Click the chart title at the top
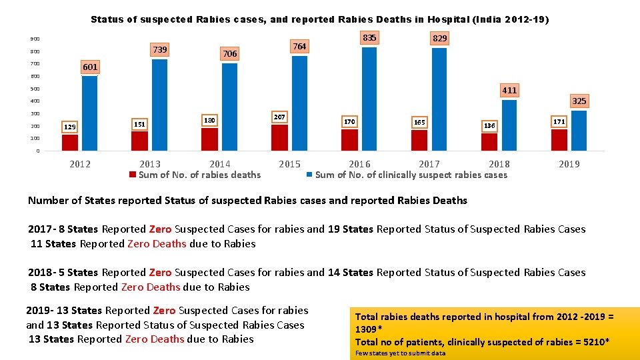tap(320, 20)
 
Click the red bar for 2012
tap(70, 143)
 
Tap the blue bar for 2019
tap(579, 131)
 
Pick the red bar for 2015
tap(280, 138)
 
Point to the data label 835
tap(369, 38)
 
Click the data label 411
tap(509, 90)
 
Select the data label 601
tap(90, 67)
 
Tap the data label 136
tap(489, 125)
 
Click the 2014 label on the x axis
tap(220, 164)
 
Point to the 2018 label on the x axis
tap(499, 164)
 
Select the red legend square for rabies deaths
tap(133, 175)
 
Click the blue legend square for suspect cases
tap(309, 175)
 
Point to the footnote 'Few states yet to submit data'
tap(400, 353)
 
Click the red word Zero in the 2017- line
tap(160, 229)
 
